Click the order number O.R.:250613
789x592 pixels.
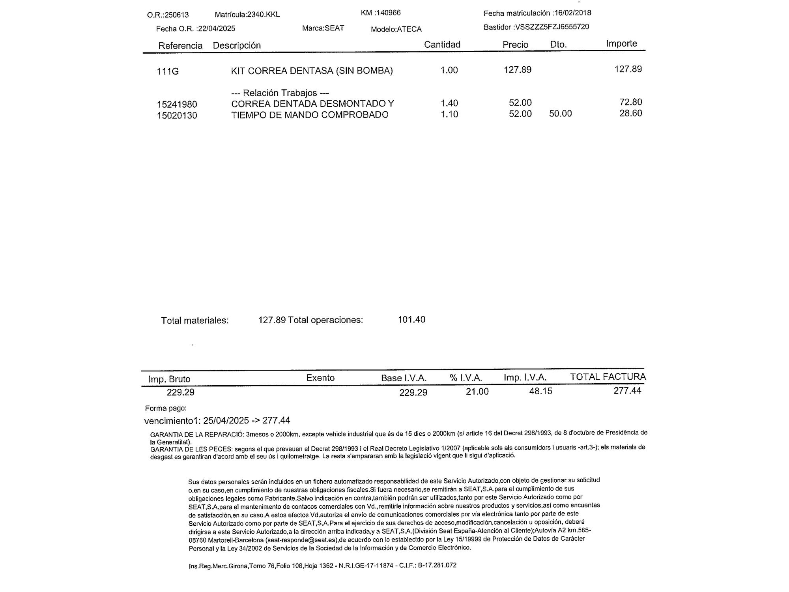tap(168, 15)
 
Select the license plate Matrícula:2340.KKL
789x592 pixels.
tap(247, 15)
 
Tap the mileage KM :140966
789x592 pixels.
tap(381, 13)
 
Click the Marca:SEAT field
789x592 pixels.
tap(323, 28)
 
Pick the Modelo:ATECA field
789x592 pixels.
tap(396, 29)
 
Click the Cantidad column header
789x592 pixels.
tap(442, 45)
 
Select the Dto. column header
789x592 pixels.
tap(558, 45)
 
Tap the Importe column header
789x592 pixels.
tap(621, 43)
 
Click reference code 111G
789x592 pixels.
tap(168, 71)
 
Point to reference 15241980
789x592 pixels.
tap(177, 105)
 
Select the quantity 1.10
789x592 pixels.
tap(449, 114)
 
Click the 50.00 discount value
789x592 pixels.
tap(560, 114)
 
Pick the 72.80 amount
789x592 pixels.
tap(630, 102)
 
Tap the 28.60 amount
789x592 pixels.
tap(630, 113)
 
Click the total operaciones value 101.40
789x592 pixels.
tap(411, 319)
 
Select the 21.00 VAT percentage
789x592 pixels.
tap(477, 392)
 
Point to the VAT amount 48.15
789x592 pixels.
tap(540, 391)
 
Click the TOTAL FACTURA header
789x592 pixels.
tap(608, 377)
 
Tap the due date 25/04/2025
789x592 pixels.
tap(226, 420)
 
